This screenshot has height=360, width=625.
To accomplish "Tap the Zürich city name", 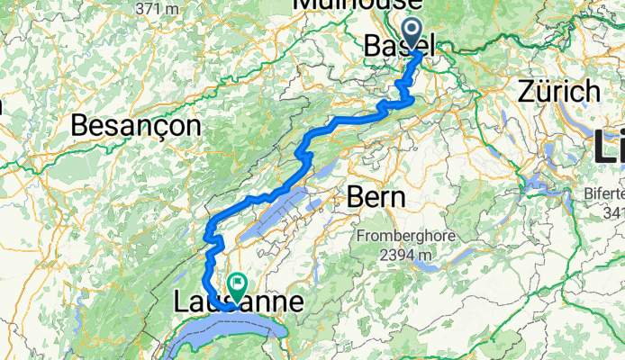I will (x=559, y=91).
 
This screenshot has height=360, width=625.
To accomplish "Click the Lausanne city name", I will (x=237, y=303).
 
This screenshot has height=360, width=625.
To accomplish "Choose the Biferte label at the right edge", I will (x=604, y=195).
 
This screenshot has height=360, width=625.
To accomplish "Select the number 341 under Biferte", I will (x=613, y=212).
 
